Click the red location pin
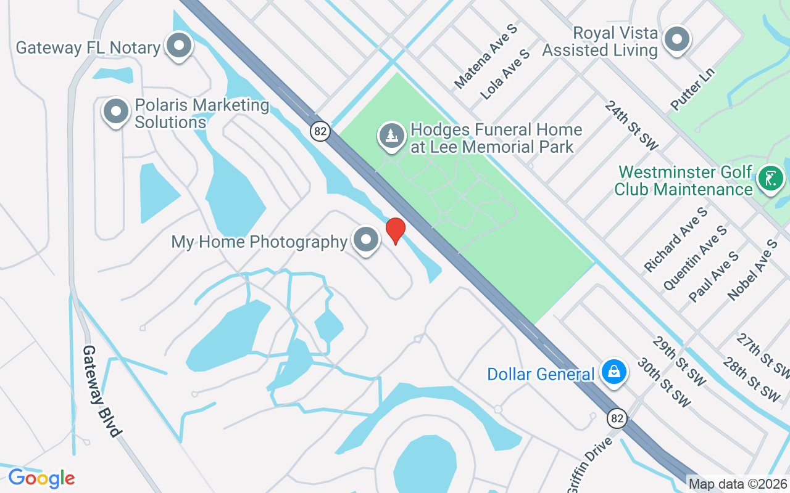(x=396, y=230)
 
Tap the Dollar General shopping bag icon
(x=615, y=372)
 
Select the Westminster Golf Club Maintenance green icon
(x=771, y=179)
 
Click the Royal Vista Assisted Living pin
(x=677, y=40)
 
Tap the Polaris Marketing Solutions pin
(x=115, y=112)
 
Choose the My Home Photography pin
(x=365, y=239)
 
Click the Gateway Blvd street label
(x=101, y=391)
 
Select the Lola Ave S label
(x=505, y=75)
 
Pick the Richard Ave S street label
(x=675, y=240)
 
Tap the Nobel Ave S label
(x=752, y=270)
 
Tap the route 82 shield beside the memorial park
(x=320, y=131)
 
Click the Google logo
(x=41, y=478)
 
